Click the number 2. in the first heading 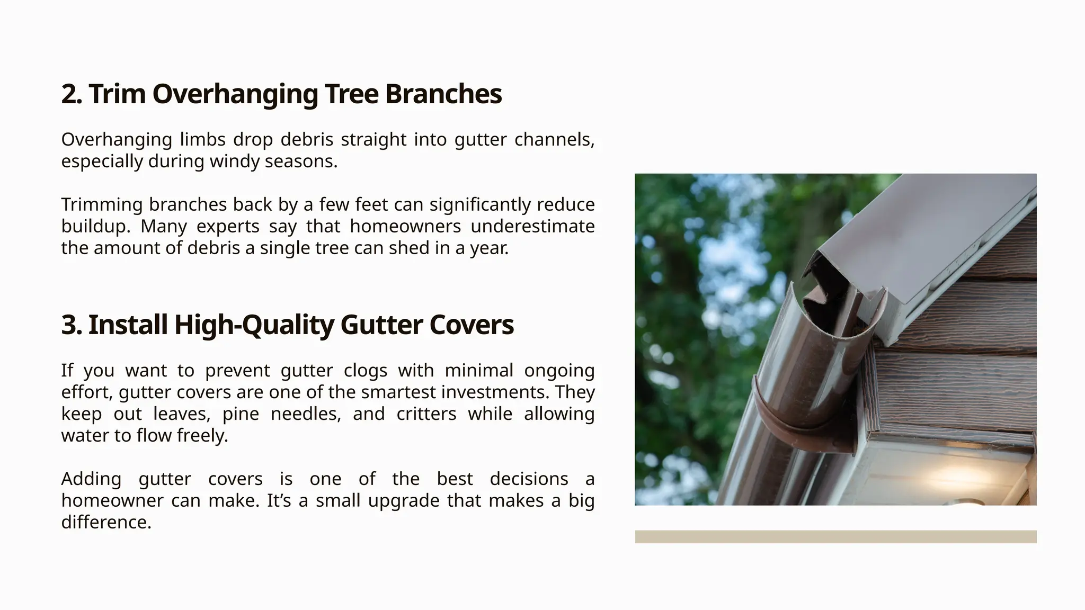pyautogui.click(x=72, y=94)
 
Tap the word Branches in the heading pyautogui.click(x=443, y=94)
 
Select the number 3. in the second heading pyautogui.click(x=72, y=325)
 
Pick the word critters pyautogui.click(x=426, y=414)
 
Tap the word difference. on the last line pyautogui.click(x=106, y=523)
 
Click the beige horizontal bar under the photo pyautogui.click(x=835, y=536)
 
